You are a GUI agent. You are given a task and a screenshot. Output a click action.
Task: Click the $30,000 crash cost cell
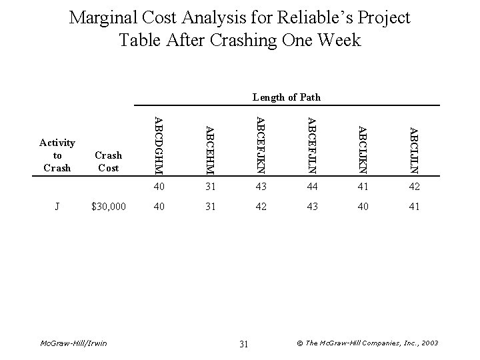pos(109,207)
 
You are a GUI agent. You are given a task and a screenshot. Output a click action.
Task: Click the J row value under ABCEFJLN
pos(311,207)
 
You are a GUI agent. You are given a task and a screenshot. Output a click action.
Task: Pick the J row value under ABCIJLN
pos(413,207)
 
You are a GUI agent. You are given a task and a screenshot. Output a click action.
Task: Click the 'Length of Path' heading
pos(287,97)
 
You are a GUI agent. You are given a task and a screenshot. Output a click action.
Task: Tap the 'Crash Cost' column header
pos(109,161)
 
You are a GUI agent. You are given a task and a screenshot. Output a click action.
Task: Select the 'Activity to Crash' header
pos(57,155)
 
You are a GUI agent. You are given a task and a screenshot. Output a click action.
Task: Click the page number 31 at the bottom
pos(243,343)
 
